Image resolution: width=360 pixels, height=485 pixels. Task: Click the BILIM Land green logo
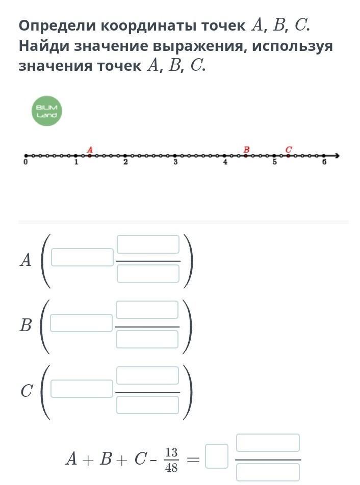tap(47, 111)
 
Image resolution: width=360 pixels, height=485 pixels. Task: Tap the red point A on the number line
tap(90, 155)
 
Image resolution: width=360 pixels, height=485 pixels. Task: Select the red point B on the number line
tap(246, 155)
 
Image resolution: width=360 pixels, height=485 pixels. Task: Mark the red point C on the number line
tap(288, 155)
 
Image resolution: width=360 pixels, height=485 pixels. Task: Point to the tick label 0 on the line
tap(25, 162)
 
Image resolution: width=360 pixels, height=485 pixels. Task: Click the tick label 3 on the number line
tap(175, 162)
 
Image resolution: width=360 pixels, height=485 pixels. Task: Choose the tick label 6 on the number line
tap(324, 162)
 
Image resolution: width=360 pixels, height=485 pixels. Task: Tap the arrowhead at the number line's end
tap(337, 155)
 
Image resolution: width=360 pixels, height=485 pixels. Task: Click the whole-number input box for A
tap(82, 257)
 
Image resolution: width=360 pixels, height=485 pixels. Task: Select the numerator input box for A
tap(148, 245)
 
